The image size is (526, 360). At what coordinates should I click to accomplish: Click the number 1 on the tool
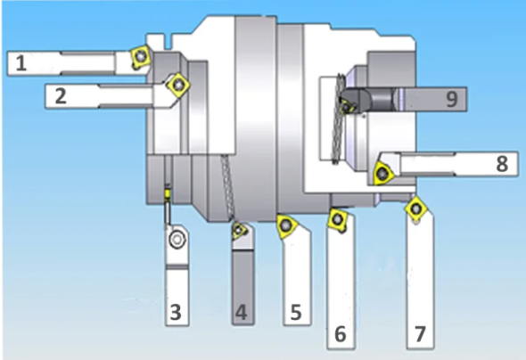click(21, 63)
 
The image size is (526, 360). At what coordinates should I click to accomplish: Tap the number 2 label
click(61, 96)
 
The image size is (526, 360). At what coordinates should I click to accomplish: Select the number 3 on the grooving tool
click(176, 312)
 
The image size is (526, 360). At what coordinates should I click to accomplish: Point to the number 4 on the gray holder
click(242, 312)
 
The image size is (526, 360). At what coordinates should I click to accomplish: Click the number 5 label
click(295, 312)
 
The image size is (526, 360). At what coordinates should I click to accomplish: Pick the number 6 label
click(341, 334)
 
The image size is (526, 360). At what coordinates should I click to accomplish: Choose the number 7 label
click(420, 334)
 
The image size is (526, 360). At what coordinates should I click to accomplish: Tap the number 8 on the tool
click(502, 164)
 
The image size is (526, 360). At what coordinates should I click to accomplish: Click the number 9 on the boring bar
click(451, 99)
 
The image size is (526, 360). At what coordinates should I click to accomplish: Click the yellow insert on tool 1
click(140, 57)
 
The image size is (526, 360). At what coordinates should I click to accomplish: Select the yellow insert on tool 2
click(178, 86)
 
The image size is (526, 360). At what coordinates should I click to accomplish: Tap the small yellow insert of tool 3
click(167, 194)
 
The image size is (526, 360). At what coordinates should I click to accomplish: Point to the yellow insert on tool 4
click(240, 230)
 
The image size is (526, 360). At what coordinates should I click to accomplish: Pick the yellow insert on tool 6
click(338, 219)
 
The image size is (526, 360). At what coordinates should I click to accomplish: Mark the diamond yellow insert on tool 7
click(416, 209)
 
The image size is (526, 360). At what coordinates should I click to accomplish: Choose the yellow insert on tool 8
click(382, 173)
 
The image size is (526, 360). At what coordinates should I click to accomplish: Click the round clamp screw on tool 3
click(177, 239)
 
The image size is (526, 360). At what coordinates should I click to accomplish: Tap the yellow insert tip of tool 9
click(346, 106)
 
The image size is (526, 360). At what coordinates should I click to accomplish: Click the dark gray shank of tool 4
click(243, 287)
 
